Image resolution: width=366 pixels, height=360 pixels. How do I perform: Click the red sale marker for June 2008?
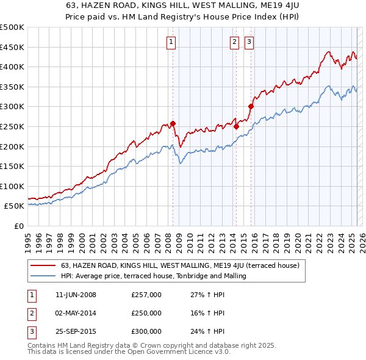tap(173, 123)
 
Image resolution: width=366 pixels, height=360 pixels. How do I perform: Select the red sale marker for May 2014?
tap(236, 127)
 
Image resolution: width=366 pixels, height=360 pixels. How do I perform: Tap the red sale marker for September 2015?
tap(251, 106)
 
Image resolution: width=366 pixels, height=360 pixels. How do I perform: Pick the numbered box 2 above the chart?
tap(234, 42)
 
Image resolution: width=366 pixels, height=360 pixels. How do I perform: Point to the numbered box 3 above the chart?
tap(249, 42)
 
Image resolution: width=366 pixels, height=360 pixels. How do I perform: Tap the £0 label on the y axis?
tap(19, 226)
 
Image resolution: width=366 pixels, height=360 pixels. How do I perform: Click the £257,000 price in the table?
tap(146, 295)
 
